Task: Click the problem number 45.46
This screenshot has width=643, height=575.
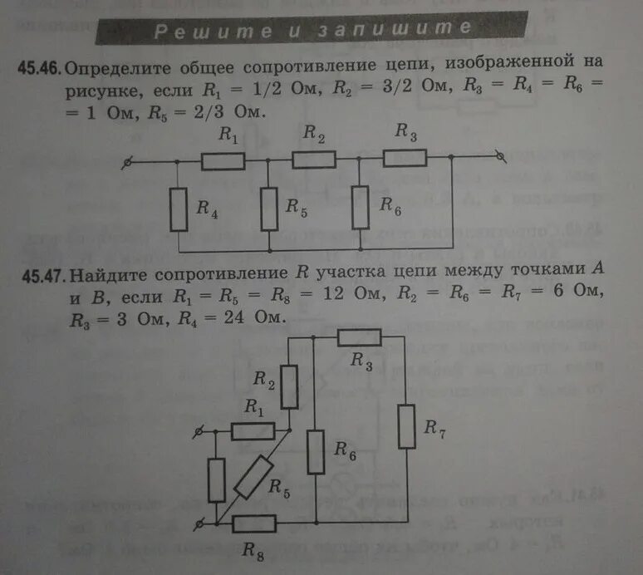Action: [x=37, y=66]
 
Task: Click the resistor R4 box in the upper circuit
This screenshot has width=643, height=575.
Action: [x=179, y=209]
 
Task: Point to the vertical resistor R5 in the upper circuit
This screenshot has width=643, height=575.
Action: [x=268, y=209]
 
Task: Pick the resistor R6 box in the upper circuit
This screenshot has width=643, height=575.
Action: [x=360, y=208]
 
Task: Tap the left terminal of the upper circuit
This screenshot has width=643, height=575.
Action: [x=127, y=163]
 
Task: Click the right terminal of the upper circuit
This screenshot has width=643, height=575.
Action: [x=499, y=155]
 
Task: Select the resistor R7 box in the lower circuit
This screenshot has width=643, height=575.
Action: [x=406, y=425]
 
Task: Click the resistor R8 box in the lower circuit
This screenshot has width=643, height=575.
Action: [x=254, y=523]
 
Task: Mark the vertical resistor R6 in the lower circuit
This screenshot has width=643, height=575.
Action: [x=316, y=452]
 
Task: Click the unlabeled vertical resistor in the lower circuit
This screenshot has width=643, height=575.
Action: [x=216, y=479]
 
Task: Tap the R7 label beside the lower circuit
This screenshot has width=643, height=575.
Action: [x=434, y=429]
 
